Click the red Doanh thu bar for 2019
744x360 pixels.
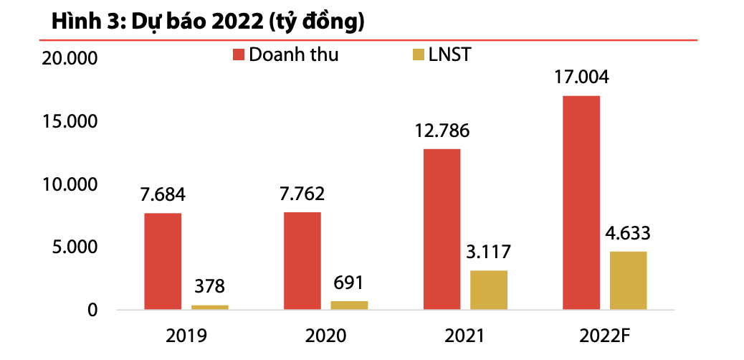(x=163, y=262)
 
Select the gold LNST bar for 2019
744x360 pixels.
(x=210, y=307)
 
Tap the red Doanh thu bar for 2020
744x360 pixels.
(x=302, y=261)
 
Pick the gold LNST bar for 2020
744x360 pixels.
(x=349, y=305)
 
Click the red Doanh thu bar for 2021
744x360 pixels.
(x=442, y=229)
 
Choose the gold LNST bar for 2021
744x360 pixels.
(x=489, y=290)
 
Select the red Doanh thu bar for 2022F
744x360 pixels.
(x=581, y=203)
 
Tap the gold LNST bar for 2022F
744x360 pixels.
(x=629, y=280)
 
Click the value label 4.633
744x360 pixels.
(x=629, y=233)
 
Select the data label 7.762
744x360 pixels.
(x=302, y=194)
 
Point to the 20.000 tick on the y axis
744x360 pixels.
(x=70, y=59)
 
